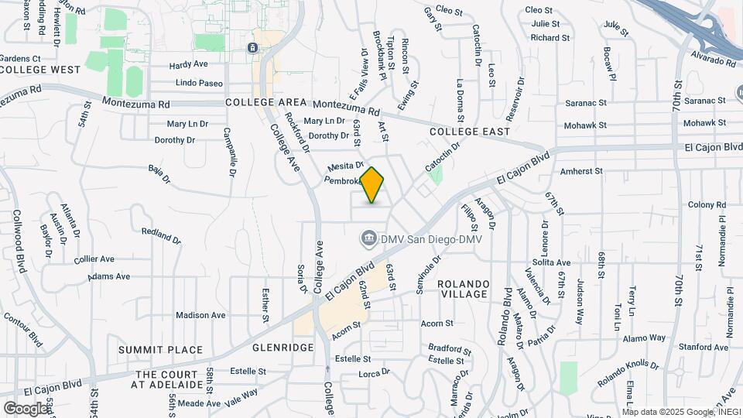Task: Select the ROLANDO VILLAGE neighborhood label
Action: [x=464, y=289]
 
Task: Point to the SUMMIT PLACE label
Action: [x=161, y=350]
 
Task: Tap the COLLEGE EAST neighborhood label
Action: [x=470, y=132]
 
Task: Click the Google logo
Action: [x=26, y=408]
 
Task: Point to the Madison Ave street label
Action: [x=200, y=315]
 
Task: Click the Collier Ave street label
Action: [x=94, y=259]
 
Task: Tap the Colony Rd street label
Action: [x=706, y=204]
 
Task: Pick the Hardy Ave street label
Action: [x=189, y=65]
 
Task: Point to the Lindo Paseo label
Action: [x=200, y=83]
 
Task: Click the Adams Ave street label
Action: [x=109, y=276]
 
